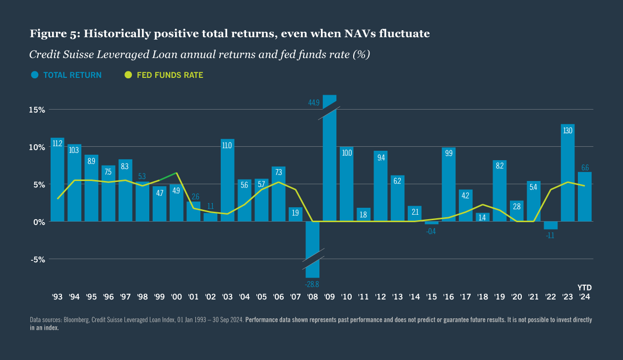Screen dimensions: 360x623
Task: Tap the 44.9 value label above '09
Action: point(314,103)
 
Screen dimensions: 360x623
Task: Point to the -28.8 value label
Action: point(312,284)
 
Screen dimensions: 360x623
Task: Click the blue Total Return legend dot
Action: point(35,75)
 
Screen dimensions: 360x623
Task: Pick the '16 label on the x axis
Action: point(448,297)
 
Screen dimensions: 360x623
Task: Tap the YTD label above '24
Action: point(584,288)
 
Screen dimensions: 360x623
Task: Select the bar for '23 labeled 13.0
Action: point(567,174)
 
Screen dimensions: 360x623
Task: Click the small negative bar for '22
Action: point(551,226)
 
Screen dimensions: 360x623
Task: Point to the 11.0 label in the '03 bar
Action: point(227,146)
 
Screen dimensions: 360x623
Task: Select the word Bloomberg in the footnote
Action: point(69,320)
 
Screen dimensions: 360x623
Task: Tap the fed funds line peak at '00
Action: point(177,173)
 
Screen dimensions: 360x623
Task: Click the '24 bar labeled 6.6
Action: point(584,196)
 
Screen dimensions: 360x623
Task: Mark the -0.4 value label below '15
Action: point(431,232)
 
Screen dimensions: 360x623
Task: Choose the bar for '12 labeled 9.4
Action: point(380,186)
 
